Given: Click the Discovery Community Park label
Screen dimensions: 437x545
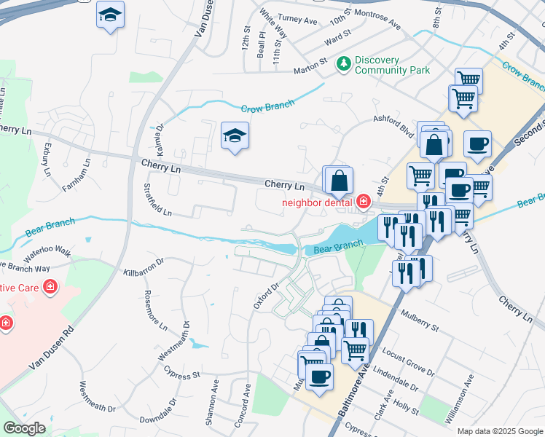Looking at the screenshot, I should tap(392, 65).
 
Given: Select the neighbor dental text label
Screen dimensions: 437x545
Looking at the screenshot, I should tap(318, 202).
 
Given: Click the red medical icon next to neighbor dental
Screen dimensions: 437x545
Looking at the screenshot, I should tap(363, 201).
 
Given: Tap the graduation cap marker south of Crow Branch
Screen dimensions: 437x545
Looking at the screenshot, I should tap(235, 136).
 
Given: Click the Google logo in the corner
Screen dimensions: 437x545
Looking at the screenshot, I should tap(24, 428).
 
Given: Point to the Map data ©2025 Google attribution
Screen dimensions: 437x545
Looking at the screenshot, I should tap(500, 431).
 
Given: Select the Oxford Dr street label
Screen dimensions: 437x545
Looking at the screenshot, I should tap(266, 296).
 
